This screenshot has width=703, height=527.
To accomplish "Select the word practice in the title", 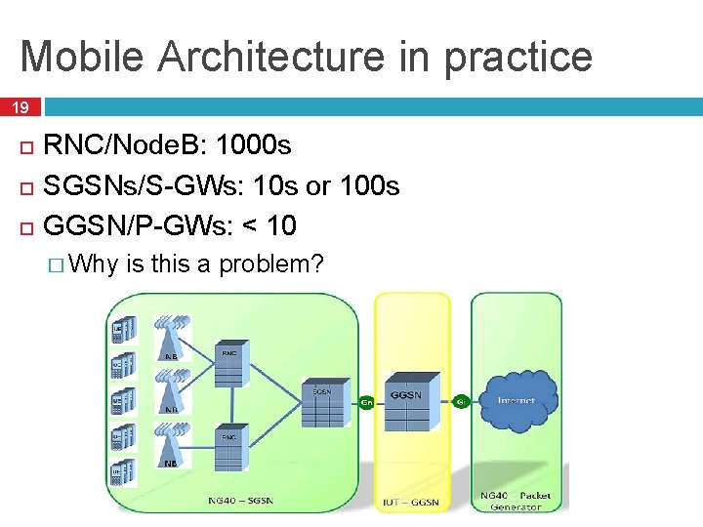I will [518, 56].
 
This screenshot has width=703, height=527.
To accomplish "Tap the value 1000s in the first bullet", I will [253, 145].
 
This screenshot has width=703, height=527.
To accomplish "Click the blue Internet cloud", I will [516, 400].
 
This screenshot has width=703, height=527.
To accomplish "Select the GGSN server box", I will [405, 401].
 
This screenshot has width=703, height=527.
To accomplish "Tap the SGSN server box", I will [322, 403].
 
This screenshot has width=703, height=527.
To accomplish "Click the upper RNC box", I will [228, 362].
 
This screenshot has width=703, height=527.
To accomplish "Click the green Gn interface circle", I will [367, 401].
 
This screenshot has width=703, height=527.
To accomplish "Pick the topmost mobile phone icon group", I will [120, 330].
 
